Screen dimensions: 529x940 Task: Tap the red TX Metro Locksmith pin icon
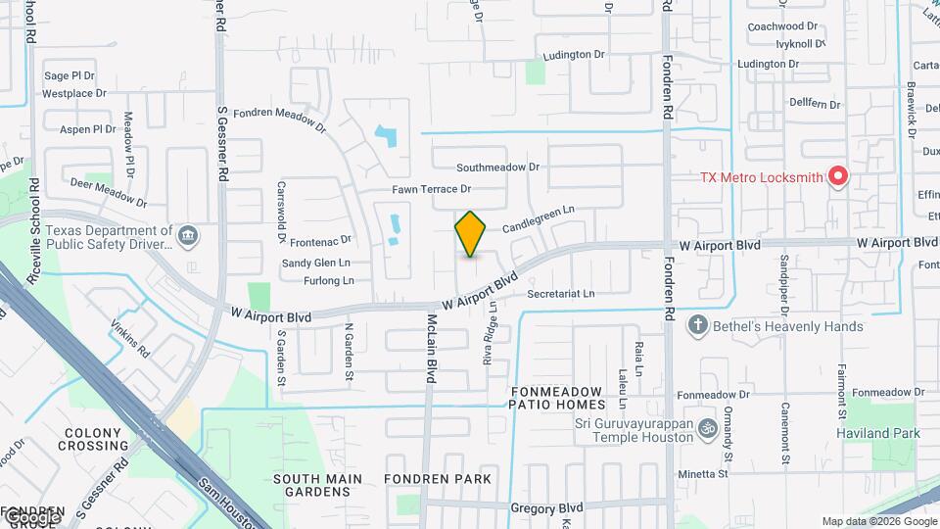point(837,176)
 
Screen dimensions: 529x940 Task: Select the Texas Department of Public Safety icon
point(188,235)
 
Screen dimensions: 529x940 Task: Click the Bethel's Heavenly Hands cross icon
point(697,325)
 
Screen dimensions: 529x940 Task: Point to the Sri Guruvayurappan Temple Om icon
point(707,428)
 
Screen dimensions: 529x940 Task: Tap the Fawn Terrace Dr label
point(432,189)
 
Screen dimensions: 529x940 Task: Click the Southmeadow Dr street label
point(497,168)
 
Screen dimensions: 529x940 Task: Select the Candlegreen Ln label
point(538,218)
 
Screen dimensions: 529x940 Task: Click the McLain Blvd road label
point(430,348)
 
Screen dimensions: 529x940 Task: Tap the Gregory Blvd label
point(546,507)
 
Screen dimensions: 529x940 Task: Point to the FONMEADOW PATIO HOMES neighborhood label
point(557,398)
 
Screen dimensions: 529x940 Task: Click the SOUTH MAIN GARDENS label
point(317,485)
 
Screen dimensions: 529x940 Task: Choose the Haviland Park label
point(877,433)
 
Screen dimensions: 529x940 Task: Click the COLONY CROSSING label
point(96,439)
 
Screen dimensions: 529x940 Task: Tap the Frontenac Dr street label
point(319,239)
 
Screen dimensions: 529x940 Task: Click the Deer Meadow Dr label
point(108,192)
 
